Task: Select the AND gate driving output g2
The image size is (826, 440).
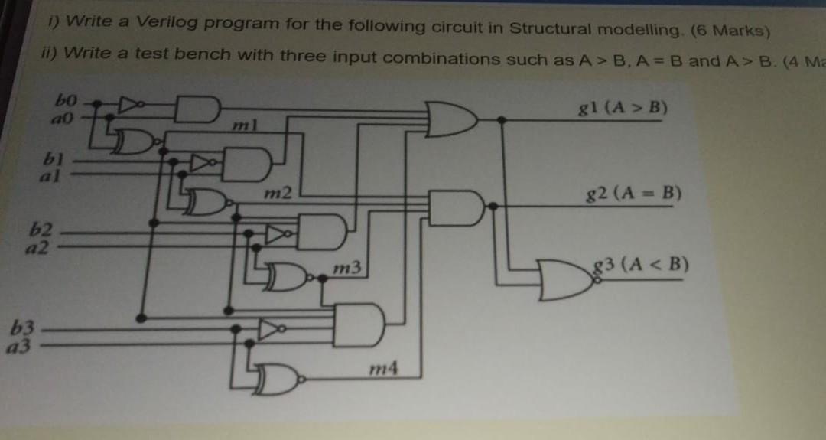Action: coord(457,207)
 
